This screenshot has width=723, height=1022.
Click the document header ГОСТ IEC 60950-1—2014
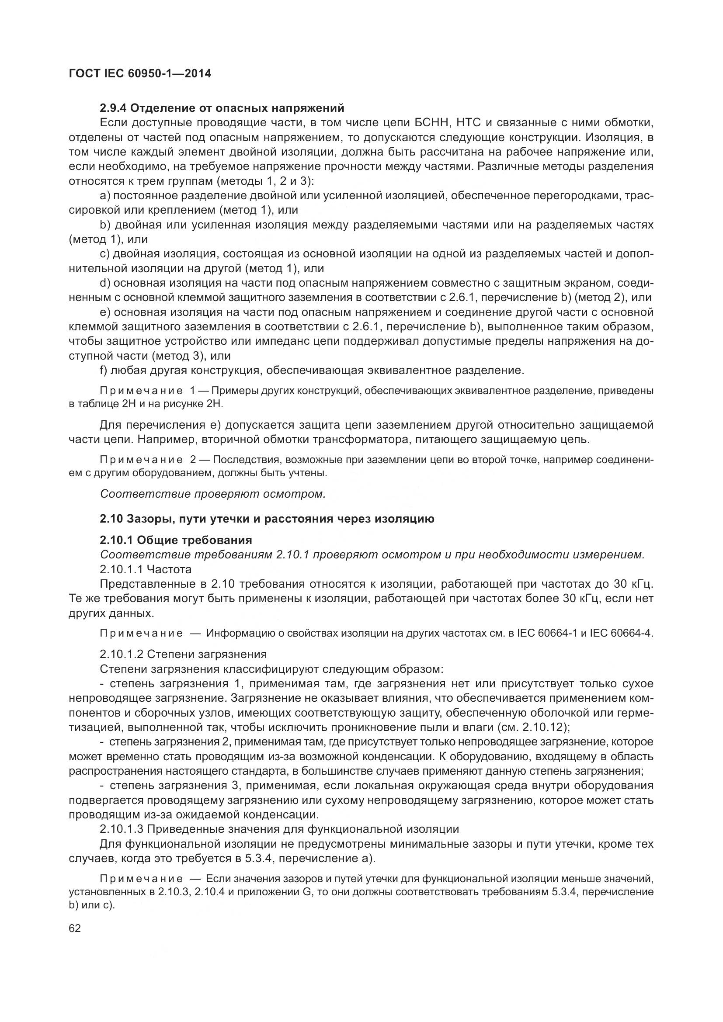[140, 73]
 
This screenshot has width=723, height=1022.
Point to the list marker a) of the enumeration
[105, 196]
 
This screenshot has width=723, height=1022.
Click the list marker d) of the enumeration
[105, 284]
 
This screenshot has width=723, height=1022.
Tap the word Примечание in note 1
[141, 391]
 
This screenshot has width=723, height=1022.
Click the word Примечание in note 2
[141, 459]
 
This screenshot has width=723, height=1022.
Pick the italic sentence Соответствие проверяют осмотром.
[213, 494]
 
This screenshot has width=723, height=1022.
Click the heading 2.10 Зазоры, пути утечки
[267, 519]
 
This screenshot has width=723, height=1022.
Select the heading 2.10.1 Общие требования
[176, 540]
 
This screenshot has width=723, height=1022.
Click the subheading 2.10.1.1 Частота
[146, 569]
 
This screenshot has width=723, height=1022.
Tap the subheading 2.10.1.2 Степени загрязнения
[183, 655]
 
